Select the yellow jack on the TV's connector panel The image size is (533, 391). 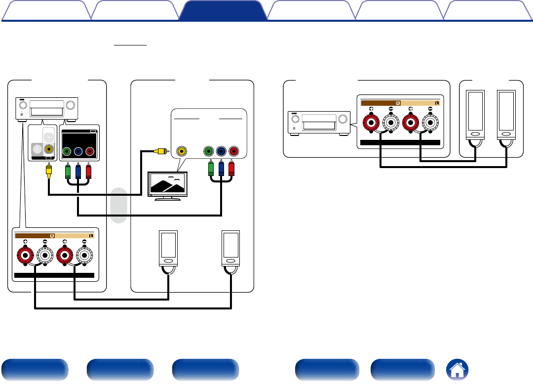click(182, 150)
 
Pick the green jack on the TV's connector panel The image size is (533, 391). click(209, 150)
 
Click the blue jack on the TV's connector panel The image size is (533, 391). click(221, 150)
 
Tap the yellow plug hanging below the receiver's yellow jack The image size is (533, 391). click(49, 171)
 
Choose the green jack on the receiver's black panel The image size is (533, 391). click(67, 152)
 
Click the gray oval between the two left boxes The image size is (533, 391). click(119, 205)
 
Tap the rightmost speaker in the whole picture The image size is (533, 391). click(506, 114)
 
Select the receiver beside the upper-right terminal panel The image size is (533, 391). click(318, 123)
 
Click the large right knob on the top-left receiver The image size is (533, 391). click(72, 105)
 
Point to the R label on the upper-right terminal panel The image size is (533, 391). click(398, 103)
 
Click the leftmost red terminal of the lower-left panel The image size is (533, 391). click(25, 256)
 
